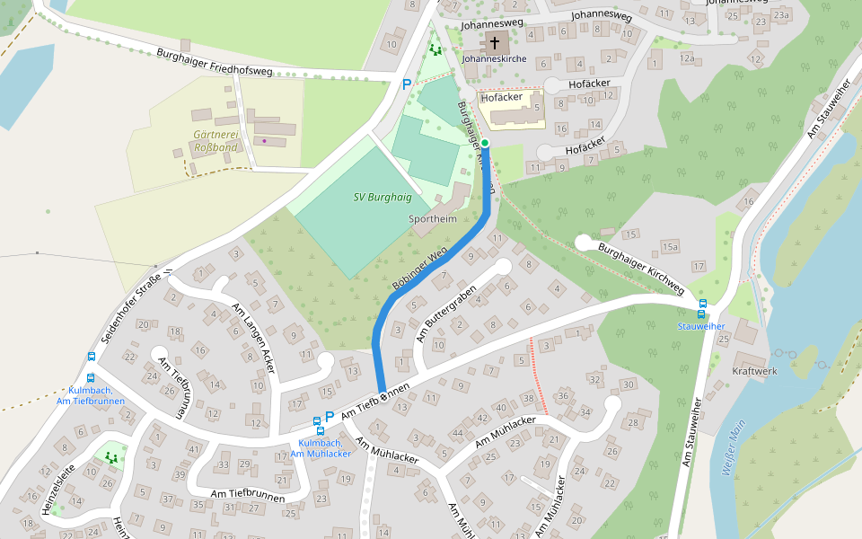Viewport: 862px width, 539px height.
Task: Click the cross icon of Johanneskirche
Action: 494,42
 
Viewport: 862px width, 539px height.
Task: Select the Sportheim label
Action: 433,219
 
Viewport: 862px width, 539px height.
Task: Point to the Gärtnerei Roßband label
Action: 215,141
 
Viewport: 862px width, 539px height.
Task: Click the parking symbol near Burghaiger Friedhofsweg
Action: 406,84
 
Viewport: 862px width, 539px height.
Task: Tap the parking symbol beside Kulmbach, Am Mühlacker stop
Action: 330,416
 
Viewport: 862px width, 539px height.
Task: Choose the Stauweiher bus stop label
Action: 700,326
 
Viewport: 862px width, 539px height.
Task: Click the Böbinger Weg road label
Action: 419,269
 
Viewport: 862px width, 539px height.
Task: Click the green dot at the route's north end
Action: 484,143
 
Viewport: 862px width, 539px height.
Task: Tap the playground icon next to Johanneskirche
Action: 435,49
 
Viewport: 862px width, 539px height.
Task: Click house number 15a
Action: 670,246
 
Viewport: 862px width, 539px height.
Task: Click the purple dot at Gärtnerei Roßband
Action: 264,140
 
